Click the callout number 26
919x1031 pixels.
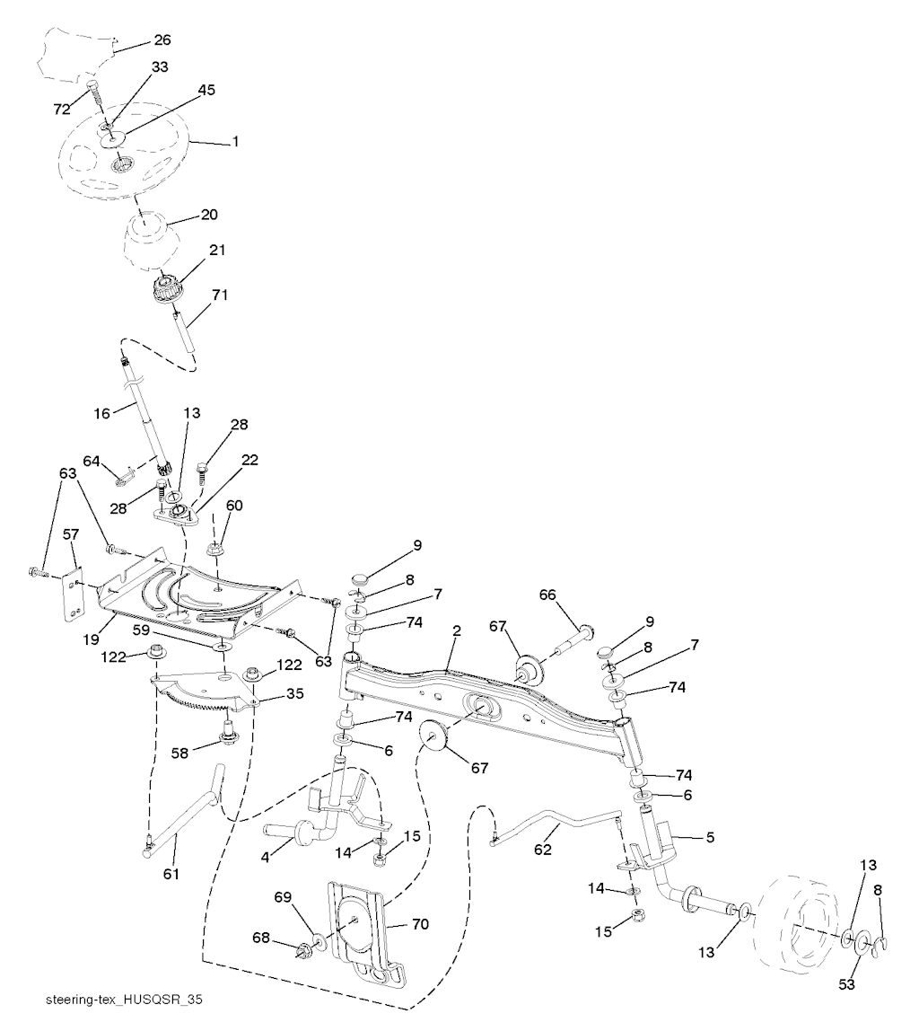[x=162, y=40]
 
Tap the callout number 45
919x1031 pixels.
[x=206, y=91]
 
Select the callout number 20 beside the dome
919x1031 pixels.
[x=209, y=216]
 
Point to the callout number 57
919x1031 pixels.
[x=72, y=535]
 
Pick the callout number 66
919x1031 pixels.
[x=548, y=595]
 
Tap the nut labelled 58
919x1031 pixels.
[x=229, y=739]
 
